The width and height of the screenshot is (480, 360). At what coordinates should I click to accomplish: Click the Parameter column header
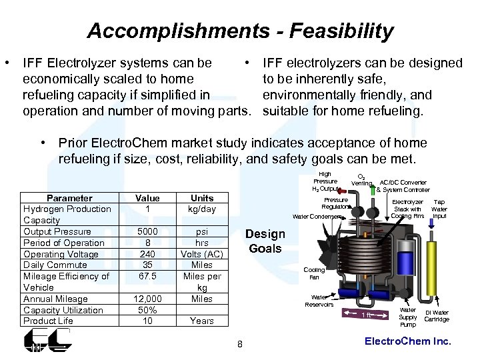tap(69, 198)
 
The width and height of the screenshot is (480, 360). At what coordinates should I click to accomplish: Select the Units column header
tap(202, 198)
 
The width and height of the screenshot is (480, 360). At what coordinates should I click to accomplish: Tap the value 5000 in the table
tap(147, 231)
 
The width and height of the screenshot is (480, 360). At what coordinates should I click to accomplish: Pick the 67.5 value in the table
tap(147, 276)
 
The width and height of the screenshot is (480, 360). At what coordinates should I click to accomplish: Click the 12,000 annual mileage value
tap(147, 299)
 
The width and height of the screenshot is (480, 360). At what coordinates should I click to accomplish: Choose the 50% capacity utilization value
tap(147, 310)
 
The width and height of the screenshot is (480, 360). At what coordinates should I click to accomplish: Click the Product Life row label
tap(48, 321)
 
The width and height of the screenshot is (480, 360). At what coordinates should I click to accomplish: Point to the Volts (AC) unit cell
tap(202, 254)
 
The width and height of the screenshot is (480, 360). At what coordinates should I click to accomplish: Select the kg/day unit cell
tap(202, 209)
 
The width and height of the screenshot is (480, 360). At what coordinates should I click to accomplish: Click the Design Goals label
tap(265, 241)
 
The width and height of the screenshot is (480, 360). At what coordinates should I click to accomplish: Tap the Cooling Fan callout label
tap(314, 273)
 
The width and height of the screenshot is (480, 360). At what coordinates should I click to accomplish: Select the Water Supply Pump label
tap(407, 317)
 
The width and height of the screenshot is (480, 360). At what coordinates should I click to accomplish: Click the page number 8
tap(240, 344)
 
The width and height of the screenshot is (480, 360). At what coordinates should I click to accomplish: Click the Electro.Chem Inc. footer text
tap(408, 341)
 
